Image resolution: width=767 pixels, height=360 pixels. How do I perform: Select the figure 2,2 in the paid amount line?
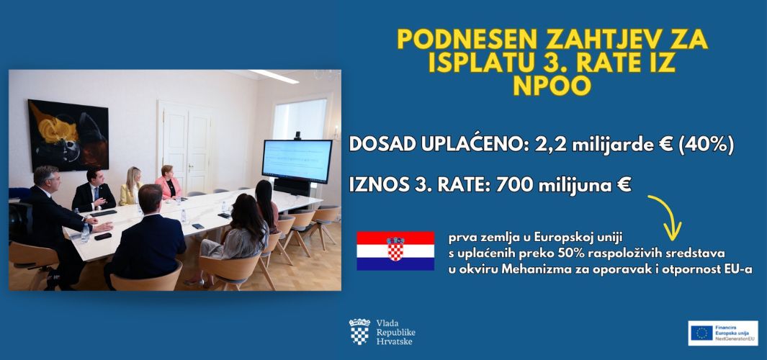[515, 145]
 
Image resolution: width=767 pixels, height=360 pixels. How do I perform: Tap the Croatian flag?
[395, 251]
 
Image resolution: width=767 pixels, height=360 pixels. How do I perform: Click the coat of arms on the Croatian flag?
[395, 248]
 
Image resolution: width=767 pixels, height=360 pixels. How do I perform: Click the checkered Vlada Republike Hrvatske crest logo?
[359, 332]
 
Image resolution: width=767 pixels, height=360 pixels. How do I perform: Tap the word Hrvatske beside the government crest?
[394, 341]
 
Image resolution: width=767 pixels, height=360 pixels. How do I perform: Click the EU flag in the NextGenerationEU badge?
[701, 333]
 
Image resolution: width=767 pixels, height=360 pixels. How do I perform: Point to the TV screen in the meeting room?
[297, 162]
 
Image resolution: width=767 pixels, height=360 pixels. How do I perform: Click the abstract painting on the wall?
[68, 135]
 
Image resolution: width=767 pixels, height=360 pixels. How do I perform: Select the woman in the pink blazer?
[169, 181]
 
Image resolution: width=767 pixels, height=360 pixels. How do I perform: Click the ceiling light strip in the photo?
[274, 76]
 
